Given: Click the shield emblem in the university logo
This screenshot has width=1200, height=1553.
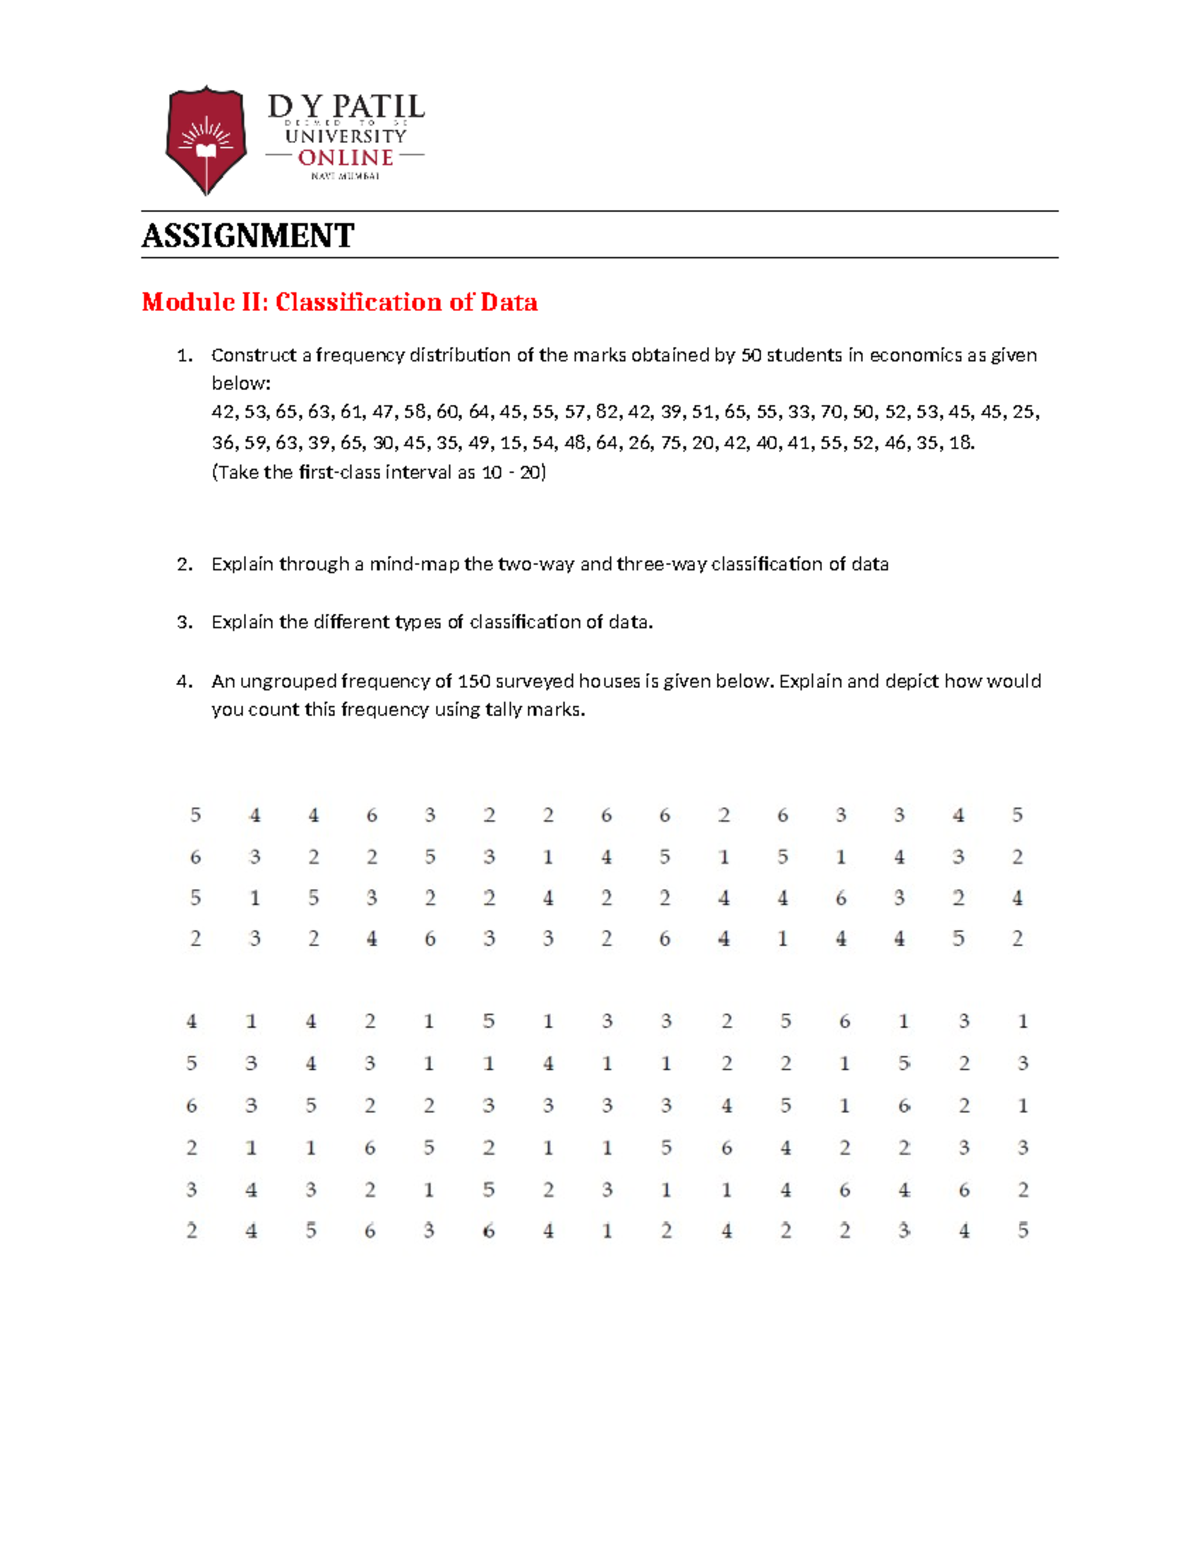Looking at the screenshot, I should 206,140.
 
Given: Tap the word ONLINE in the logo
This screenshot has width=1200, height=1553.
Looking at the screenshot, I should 345,158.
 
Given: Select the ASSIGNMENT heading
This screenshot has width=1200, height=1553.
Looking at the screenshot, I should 248,236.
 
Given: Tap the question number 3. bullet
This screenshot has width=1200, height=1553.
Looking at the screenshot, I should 184,622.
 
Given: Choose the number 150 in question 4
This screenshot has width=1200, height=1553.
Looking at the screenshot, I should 474,681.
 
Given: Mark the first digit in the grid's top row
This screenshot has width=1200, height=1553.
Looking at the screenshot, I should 195,815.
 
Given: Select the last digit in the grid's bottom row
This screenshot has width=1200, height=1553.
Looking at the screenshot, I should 1023,1231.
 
